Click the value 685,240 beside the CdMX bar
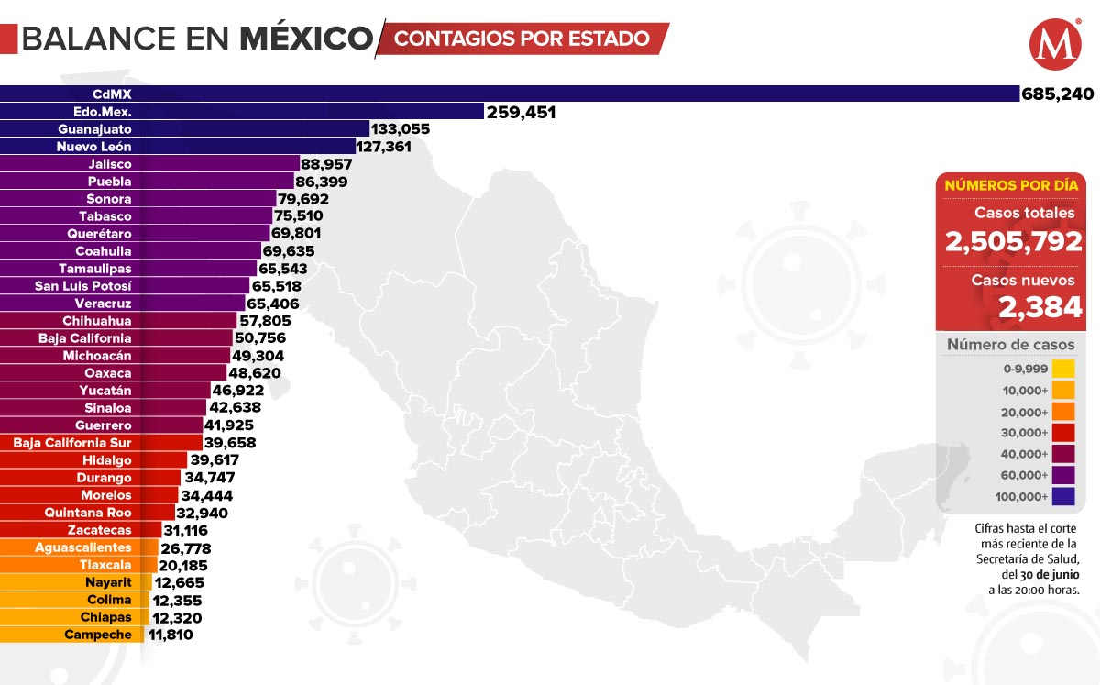click(1057, 94)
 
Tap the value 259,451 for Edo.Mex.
click(522, 112)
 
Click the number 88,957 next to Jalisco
click(327, 164)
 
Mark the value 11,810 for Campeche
click(170, 634)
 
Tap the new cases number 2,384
click(1040, 308)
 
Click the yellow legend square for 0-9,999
click(1063, 369)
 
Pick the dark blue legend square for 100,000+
click(1063, 497)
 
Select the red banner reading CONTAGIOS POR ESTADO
click(522, 39)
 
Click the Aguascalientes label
click(83, 547)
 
